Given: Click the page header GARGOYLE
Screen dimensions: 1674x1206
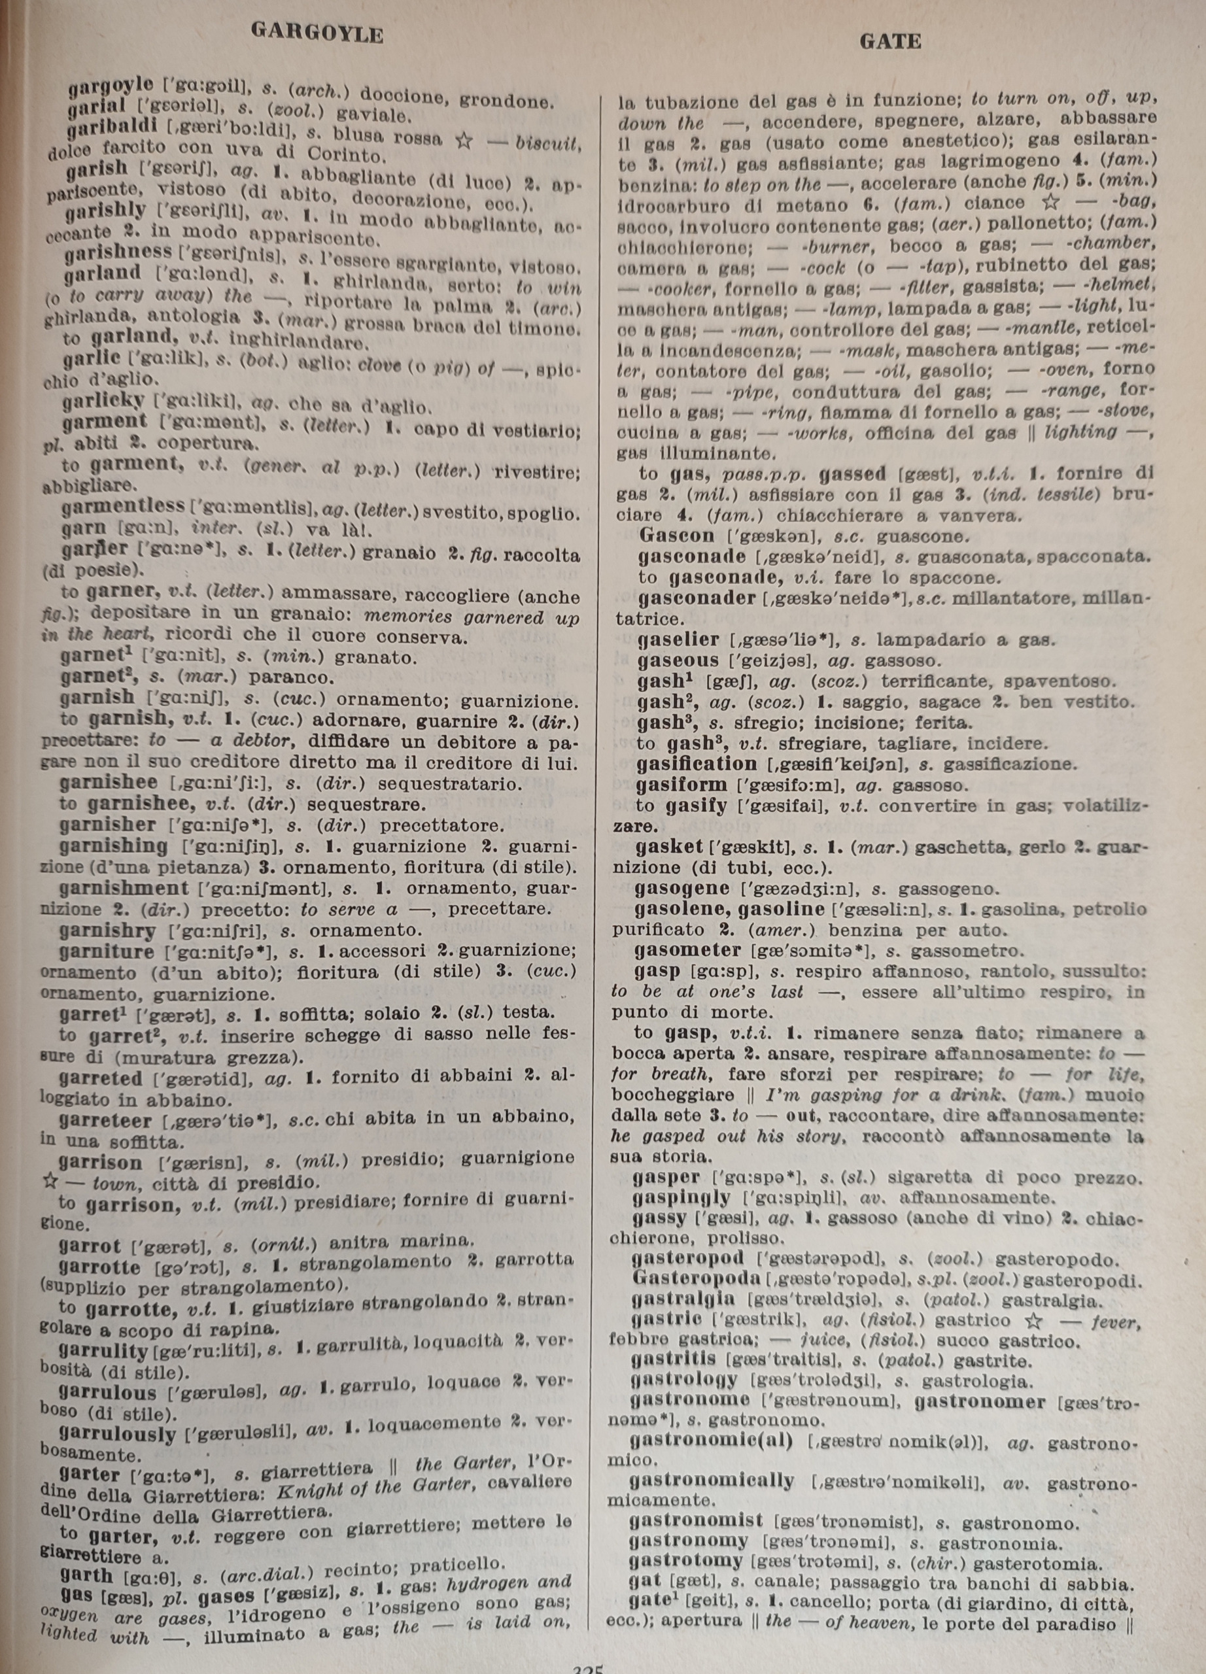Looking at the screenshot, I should pos(317,33).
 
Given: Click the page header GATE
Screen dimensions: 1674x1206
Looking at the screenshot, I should pos(890,42).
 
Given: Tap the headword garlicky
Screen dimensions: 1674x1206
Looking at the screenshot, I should pos(103,401).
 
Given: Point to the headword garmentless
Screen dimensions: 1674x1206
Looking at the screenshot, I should pos(123,507).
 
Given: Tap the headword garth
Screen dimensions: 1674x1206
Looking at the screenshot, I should pos(86,1576).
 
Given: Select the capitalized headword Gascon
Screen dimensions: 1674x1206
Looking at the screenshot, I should pos(677,535).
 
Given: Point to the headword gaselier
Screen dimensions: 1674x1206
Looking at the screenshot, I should pos(678,640).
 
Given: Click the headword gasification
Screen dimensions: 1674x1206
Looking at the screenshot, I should pos(696,764).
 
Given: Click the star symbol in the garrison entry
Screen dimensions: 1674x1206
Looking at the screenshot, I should pos(50,1181).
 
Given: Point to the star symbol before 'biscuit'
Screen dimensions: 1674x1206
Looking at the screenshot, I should pos(464,140).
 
